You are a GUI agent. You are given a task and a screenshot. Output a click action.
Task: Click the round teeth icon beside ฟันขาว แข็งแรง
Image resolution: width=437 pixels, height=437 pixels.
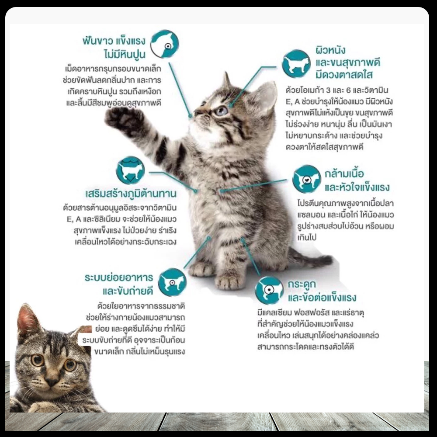(x=164, y=44)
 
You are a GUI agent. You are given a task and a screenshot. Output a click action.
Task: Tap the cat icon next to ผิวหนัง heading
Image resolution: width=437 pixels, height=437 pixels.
(x=296, y=64)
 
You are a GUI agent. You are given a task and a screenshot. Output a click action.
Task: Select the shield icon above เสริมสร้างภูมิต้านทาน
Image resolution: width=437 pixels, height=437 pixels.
(x=130, y=170)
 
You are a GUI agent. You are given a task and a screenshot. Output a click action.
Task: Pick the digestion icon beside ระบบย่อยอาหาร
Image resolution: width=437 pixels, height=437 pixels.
(x=172, y=282)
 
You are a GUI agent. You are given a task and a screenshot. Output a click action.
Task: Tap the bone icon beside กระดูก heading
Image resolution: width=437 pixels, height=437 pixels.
(x=269, y=290)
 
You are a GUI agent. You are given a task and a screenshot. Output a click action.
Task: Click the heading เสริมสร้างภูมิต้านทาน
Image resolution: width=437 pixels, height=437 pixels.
(x=131, y=193)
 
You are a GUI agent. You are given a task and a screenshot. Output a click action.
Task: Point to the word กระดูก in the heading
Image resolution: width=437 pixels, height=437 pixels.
(x=302, y=284)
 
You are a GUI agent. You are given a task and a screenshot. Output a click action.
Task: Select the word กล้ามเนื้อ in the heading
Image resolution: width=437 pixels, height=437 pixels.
(x=344, y=173)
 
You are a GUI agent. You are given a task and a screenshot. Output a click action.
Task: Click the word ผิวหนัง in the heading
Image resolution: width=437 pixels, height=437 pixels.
(x=330, y=50)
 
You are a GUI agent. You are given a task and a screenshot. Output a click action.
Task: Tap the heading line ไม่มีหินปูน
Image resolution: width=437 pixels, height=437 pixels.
(x=125, y=54)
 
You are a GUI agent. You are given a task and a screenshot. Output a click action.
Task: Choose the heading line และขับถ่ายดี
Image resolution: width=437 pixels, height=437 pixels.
(x=128, y=291)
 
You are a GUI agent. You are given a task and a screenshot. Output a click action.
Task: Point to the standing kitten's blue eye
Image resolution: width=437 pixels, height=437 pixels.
(x=222, y=111)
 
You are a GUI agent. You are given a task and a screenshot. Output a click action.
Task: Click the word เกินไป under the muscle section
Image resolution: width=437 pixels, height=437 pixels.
(x=307, y=237)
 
